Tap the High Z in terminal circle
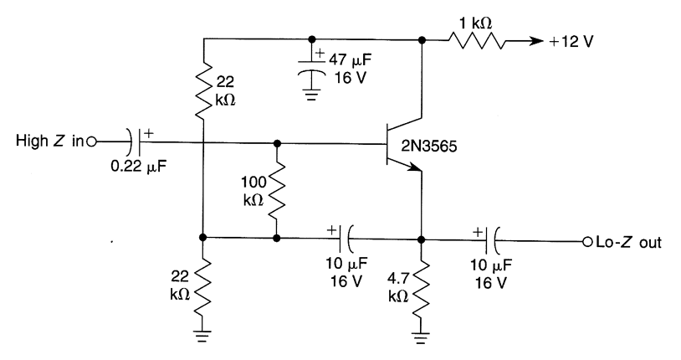tap(92, 141)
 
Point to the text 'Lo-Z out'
tap(626, 244)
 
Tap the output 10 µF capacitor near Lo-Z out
tap(494, 244)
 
